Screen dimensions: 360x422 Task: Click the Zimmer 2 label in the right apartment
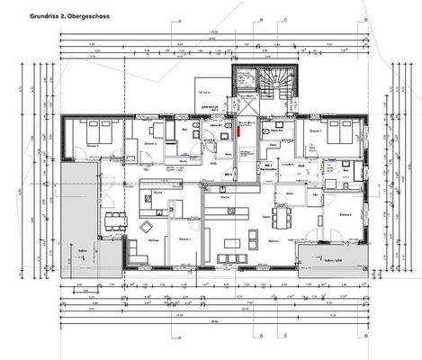point(345,216)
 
